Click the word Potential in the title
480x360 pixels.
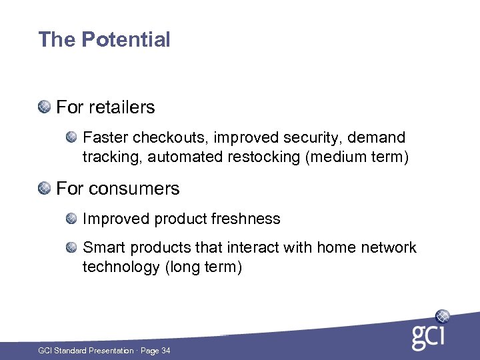(x=126, y=40)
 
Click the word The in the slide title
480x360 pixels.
(x=57, y=40)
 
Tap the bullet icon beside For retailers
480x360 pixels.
(x=44, y=107)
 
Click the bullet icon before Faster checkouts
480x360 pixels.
(x=72, y=137)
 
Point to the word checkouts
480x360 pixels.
(x=166, y=138)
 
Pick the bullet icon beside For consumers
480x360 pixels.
(x=44, y=188)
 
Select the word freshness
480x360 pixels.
(x=247, y=219)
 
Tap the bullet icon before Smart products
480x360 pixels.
(x=72, y=247)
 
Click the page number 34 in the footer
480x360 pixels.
(x=165, y=350)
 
